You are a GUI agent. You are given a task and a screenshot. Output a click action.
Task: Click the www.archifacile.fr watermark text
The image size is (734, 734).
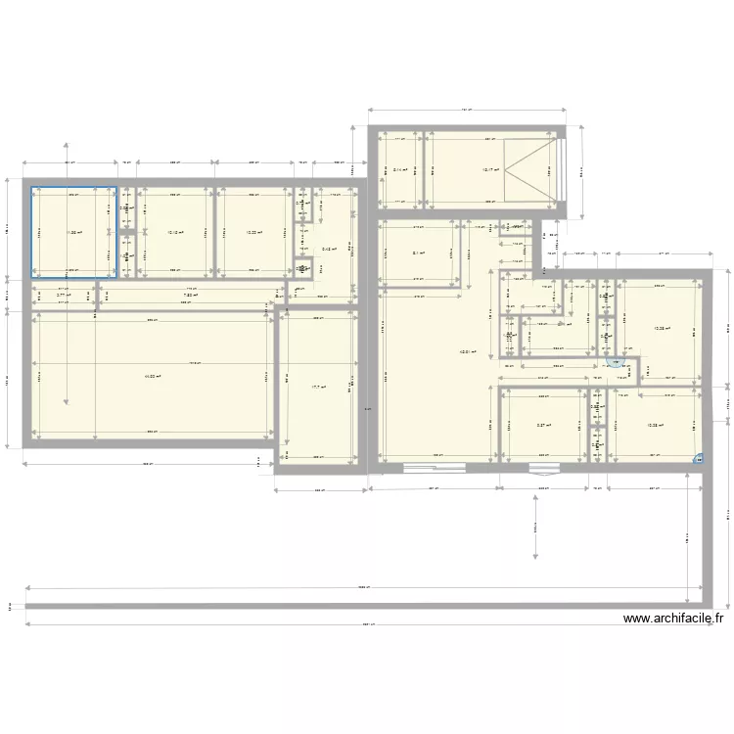[x=672, y=619]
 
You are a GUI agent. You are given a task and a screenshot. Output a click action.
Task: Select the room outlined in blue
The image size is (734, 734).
[x=73, y=233]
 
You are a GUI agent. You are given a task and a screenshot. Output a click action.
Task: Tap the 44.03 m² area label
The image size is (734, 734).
[x=152, y=374]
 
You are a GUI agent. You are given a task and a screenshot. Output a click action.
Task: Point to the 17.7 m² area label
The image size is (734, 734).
[x=317, y=387]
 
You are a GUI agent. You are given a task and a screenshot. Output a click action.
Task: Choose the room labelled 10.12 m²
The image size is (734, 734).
[x=174, y=233]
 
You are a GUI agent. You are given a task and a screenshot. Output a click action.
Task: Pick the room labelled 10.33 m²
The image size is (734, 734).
[x=252, y=233]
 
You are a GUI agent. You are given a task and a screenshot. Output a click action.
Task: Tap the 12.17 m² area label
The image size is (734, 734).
[x=490, y=169]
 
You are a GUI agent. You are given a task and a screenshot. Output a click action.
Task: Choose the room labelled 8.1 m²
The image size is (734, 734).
[x=418, y=254]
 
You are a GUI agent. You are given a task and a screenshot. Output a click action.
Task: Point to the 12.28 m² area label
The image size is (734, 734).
[x=662, y=329]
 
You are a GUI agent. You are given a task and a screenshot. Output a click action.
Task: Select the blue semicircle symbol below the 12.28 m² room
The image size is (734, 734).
[x=614, y=363]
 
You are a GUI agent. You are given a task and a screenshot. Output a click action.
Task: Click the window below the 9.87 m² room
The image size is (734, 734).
[x=541, y=467]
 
